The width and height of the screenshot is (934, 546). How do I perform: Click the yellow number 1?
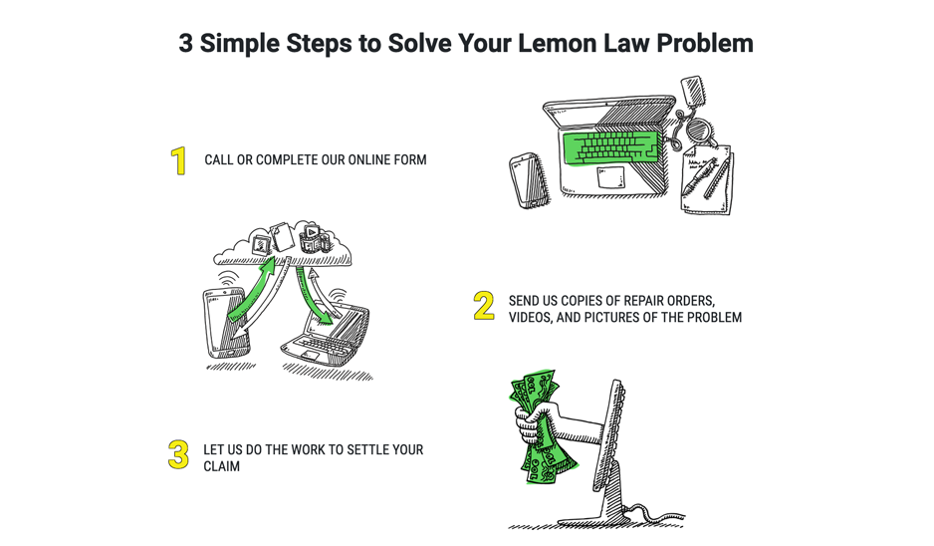(179, 160)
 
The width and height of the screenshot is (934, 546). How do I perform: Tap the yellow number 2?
(484, 306)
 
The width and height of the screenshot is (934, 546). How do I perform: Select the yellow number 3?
(178, 454)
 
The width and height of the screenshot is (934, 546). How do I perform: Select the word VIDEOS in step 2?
(536, 318)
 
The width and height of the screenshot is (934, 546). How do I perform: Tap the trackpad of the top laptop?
(610, 177)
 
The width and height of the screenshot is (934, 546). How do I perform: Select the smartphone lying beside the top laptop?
(527, 180)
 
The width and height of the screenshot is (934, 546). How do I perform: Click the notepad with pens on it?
(706, 180)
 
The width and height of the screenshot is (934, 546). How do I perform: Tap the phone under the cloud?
(224, 322)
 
